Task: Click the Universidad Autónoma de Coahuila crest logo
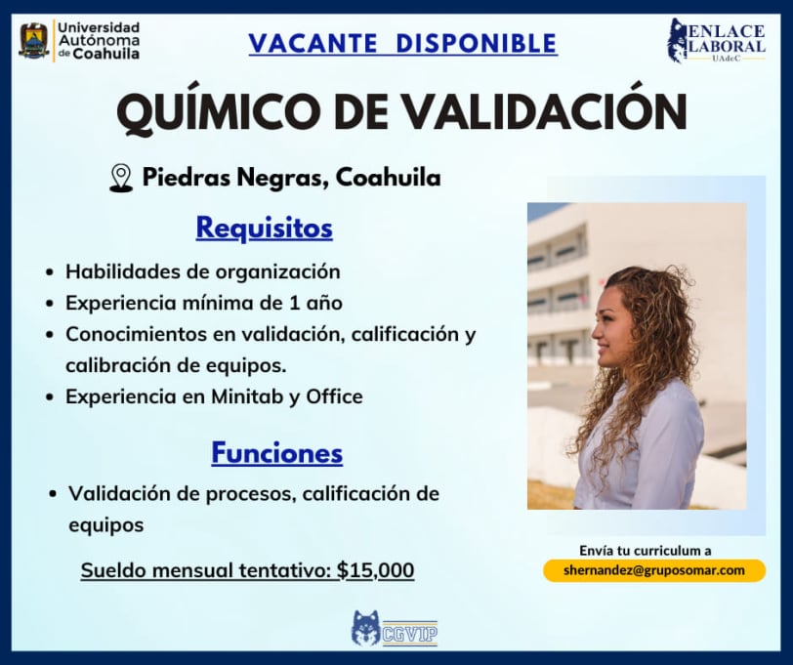[x=34, y=40]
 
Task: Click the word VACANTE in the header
[x=313, y=43]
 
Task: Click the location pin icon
[x=121, y=178]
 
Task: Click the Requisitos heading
[x=264, y=229]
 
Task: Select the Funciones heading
[x=276, y=452]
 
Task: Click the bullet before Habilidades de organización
[x=50, y=272]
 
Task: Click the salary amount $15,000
[x=375, y=570]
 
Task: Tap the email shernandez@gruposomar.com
[x=654, y=570]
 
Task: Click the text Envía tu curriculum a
[x=646, y=550]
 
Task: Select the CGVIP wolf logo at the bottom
[x=395, y=629]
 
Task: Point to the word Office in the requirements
[x=334, y=396]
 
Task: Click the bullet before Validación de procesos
[x=53, y=494]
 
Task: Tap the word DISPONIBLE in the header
[x=477, y=43]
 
